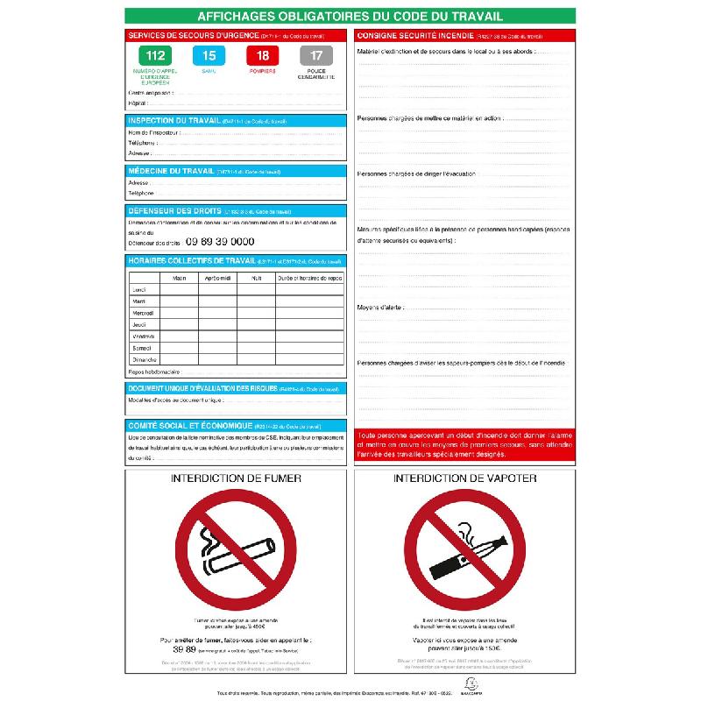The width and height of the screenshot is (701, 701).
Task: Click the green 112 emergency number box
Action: [x=156, y=56]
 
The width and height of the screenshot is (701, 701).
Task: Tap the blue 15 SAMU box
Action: [x=209, y=56]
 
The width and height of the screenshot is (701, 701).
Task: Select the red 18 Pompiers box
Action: [x=262, y=56]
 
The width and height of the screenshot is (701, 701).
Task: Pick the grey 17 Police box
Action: [x=315, y=56]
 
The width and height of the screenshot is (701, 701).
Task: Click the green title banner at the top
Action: [x=350, y=16]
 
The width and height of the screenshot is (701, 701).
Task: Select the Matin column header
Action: [x=179, y=278]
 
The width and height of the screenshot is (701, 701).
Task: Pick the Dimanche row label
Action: [x=144, y=359]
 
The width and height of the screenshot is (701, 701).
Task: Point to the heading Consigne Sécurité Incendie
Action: [x=413, y=35]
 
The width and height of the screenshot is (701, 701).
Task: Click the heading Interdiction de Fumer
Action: [x=237, y=478]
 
